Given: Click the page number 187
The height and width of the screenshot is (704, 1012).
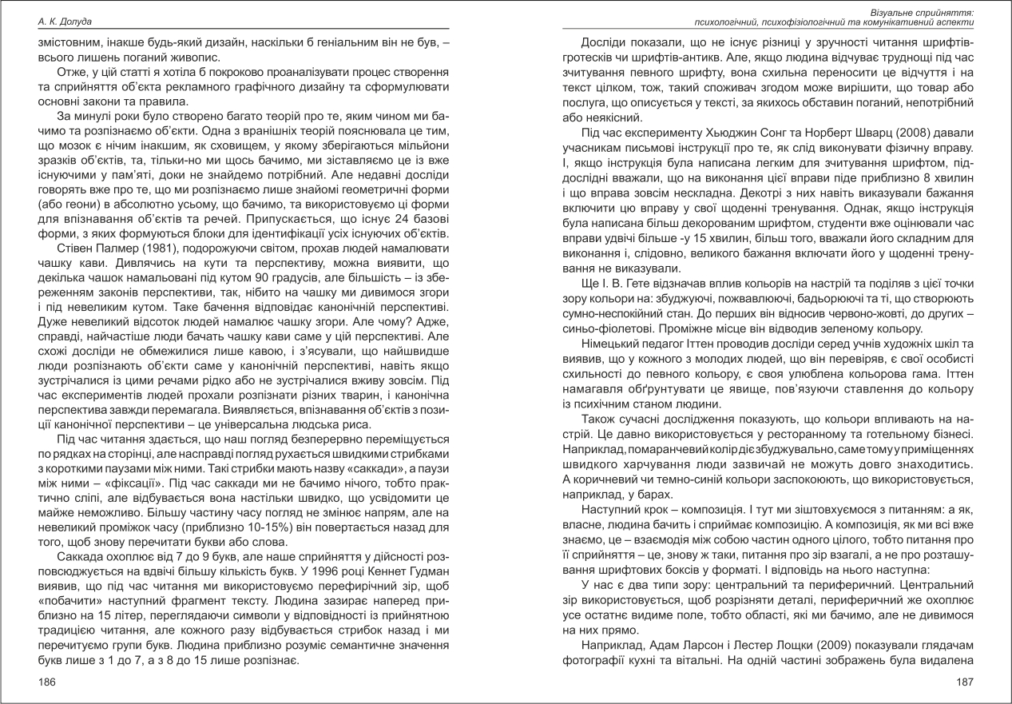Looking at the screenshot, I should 965,682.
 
